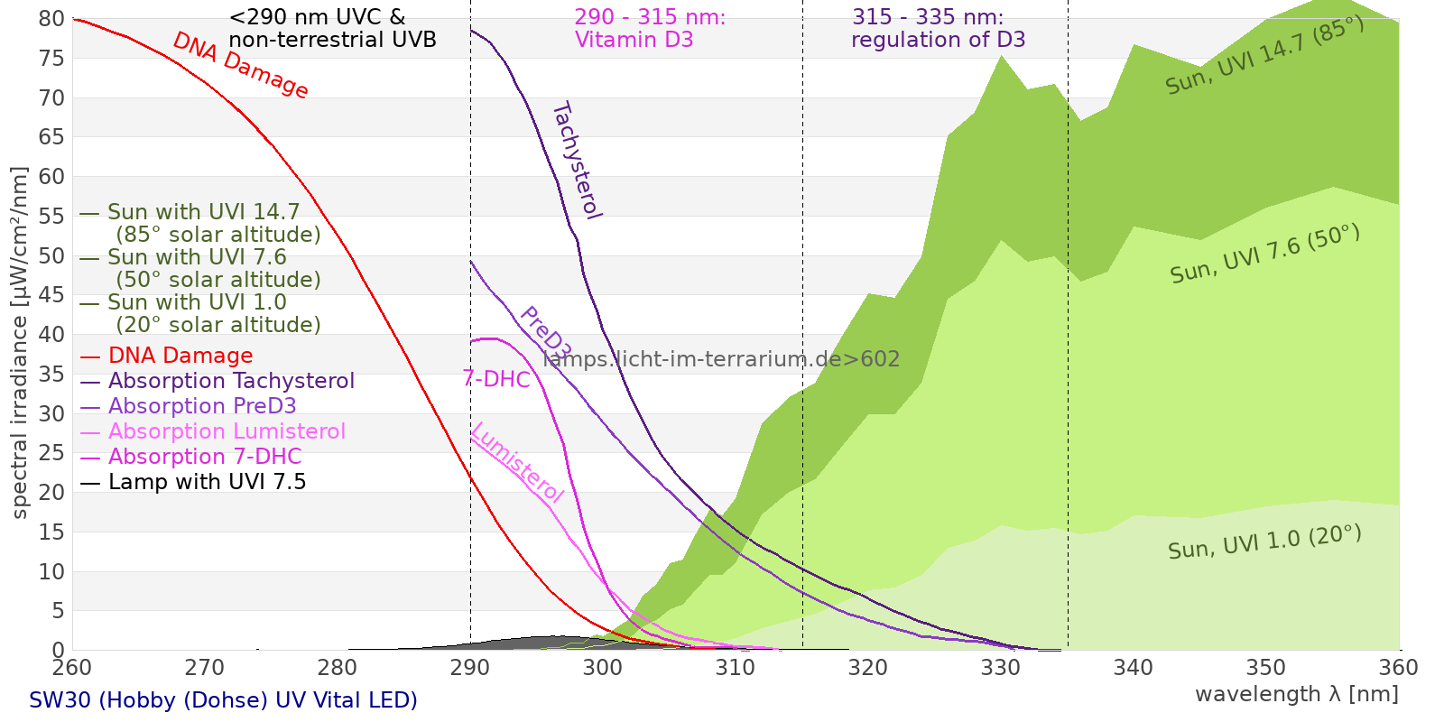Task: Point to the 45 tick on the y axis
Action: point(51,295)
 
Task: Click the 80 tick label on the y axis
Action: point(51,18)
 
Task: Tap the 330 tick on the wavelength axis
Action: point(1001,667)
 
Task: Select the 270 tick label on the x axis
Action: point(205,667)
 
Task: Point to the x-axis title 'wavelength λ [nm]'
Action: point(1297,695)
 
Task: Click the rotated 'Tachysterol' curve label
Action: point(577,161)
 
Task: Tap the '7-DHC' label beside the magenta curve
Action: point(496,379)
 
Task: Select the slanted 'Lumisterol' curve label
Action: point(518,463)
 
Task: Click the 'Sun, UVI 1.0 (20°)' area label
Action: point(1264,541)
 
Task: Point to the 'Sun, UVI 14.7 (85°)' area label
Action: point(1264,55)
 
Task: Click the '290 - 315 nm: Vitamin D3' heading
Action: point(650,28)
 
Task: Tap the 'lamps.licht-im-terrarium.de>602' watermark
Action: point(721,359)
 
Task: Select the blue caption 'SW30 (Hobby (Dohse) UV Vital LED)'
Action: point(223,700)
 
